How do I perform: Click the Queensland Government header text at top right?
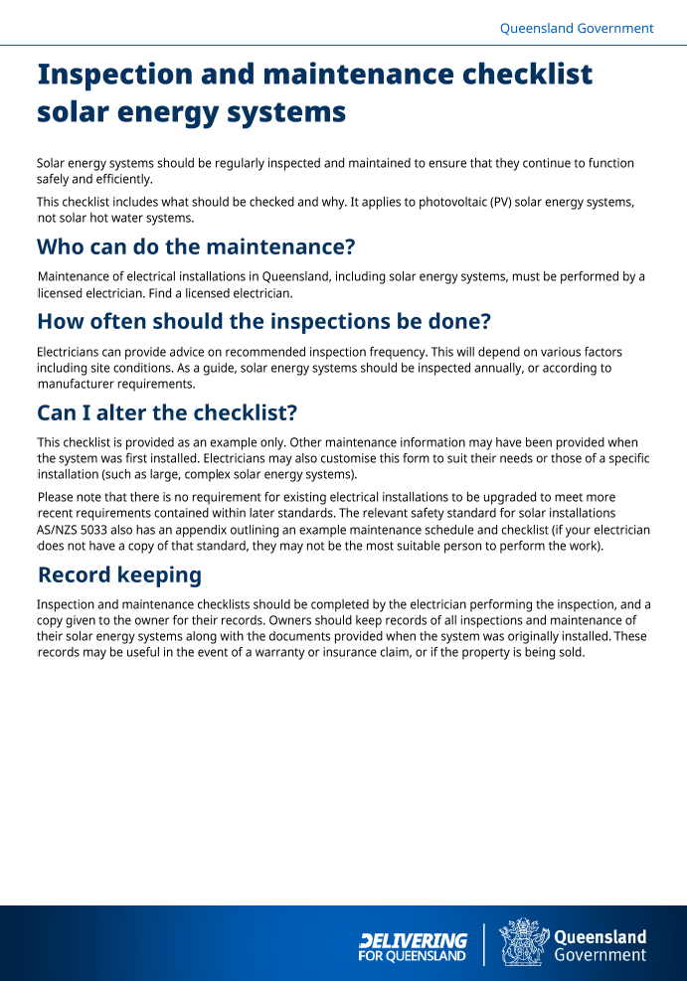coord(576,29)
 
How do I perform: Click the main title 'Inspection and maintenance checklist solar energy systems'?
coord(314,92)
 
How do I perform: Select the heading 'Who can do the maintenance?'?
coord(196,246)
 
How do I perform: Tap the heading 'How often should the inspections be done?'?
coord(263,322)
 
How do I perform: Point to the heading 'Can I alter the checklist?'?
coord(167,412)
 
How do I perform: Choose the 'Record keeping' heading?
coord(119,574)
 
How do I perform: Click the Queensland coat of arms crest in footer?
coord(520,942)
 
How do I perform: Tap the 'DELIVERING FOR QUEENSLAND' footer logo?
coord(413,946)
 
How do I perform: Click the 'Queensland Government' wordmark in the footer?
coord(600,946)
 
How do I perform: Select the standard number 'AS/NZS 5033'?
coord(73,530)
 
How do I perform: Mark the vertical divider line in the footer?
coord(484,944)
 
